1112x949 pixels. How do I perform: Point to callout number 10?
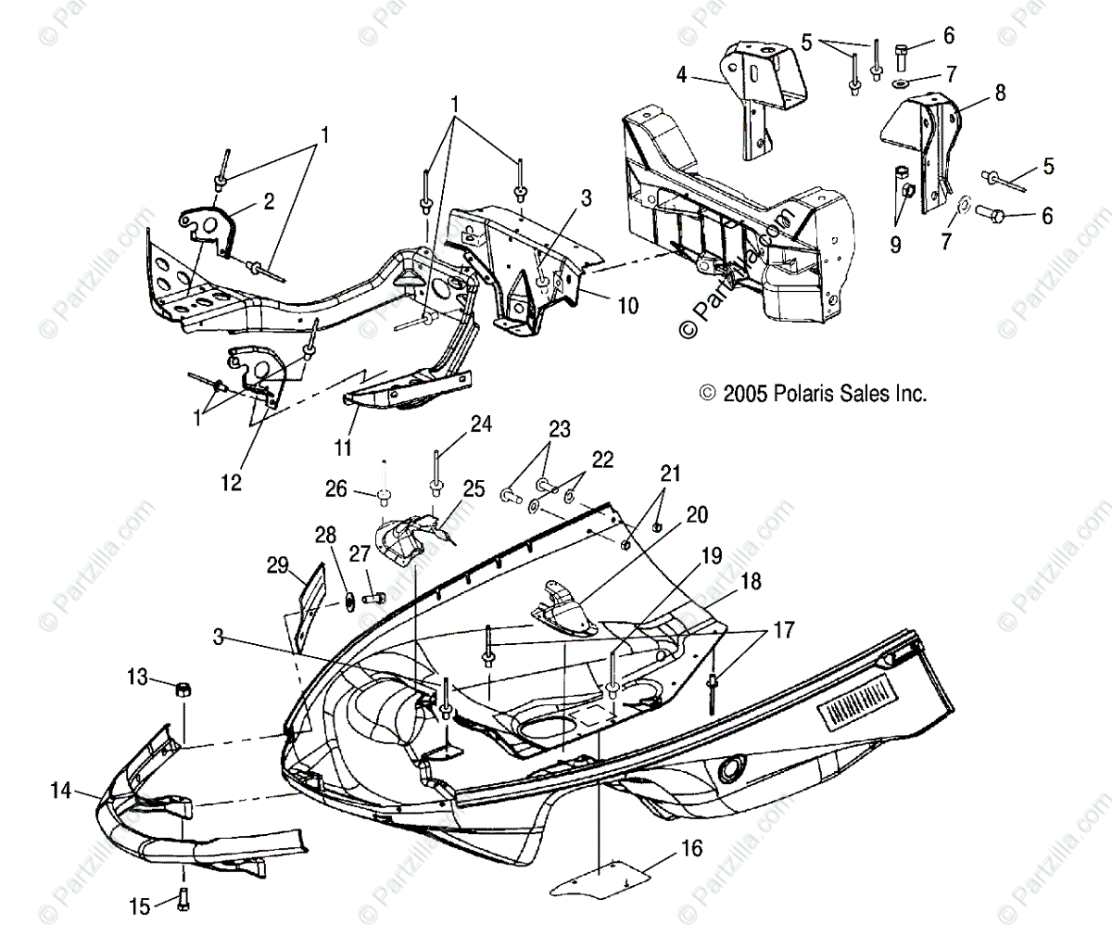627,305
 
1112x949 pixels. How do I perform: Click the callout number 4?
682,75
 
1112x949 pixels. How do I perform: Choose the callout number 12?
231,482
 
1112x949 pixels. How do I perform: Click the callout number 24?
481,424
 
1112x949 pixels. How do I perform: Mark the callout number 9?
896,246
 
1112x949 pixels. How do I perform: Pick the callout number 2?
268,202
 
